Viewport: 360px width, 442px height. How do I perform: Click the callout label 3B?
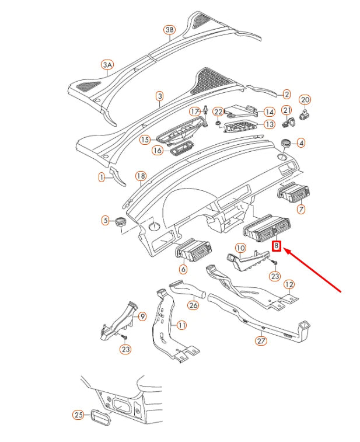[169, 30]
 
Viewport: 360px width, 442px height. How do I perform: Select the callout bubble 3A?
[107, 65]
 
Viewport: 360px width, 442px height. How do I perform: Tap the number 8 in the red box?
[277, 246]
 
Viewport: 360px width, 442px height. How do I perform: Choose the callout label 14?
[269, 112]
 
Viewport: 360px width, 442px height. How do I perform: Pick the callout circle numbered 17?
[195, 112]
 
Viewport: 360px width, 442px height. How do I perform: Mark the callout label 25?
[79, 415]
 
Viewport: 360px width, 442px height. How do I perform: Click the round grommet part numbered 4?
[285, 142]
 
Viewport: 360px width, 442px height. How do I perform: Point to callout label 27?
[261, 340]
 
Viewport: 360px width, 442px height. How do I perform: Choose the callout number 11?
[181, 325]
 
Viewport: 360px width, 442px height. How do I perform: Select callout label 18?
[140, 176]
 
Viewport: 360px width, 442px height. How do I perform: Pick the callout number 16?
[158, 151]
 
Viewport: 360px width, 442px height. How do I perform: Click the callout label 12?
[289, 284]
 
